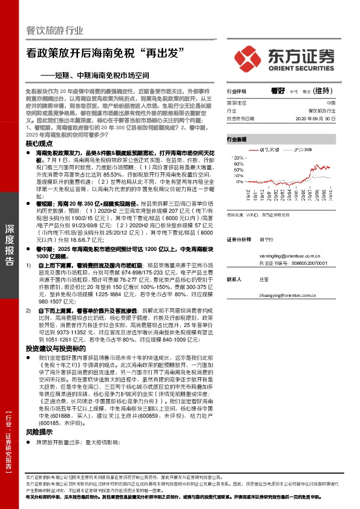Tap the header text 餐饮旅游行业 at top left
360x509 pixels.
pos(55,31)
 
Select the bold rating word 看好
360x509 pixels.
pos(278,90)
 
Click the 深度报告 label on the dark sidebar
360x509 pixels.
pos(9,245)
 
